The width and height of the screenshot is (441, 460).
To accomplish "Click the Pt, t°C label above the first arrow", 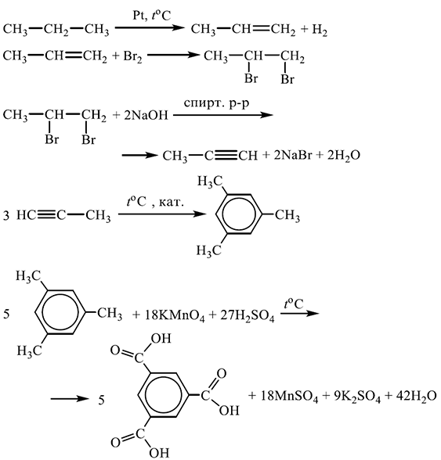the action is pyautogui.click(x=151, y=16).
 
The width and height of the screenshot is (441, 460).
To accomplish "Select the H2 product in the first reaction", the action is pyautogui.click(x=320, y=30).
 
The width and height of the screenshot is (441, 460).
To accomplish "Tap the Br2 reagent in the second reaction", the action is pyautogui.click(x=132, y=56).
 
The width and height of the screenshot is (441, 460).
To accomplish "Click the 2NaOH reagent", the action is pyautogui.click(x=146, y=115).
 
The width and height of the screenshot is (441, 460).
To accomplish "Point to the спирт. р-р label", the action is pyautogui.click(x=217, y=103).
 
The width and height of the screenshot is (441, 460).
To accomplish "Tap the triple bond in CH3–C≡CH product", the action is pyautogui.click(x=226, y=155).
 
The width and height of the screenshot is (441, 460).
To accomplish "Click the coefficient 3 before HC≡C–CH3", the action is pyautogui.click(x=6, y=216).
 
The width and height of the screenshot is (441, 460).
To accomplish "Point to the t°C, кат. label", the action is pyautogui.click(x=155, y=202).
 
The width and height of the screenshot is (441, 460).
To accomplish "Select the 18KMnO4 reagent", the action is pyautogui.click(x=175, y=315).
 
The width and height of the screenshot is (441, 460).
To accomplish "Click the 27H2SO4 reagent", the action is pyautogui.click(x=248, y=316).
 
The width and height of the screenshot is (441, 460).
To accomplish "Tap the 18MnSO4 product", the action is pyautogui.click(x=289, y=397).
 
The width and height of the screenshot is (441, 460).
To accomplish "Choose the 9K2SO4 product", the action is pyautogui.click(x=357, y=397).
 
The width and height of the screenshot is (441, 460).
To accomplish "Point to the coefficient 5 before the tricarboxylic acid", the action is pyautogui.click(x=101, y=401).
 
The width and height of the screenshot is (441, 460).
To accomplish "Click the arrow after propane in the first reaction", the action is pyautogui.click(x=149, y=28).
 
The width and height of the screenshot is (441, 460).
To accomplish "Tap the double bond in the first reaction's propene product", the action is pyautogui.click(x=260, y=28).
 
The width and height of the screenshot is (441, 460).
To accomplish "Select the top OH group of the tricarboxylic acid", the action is pyautogui.click(x=161, y=339).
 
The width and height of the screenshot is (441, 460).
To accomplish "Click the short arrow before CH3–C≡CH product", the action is pyautogui.click(x=139, y=155).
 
